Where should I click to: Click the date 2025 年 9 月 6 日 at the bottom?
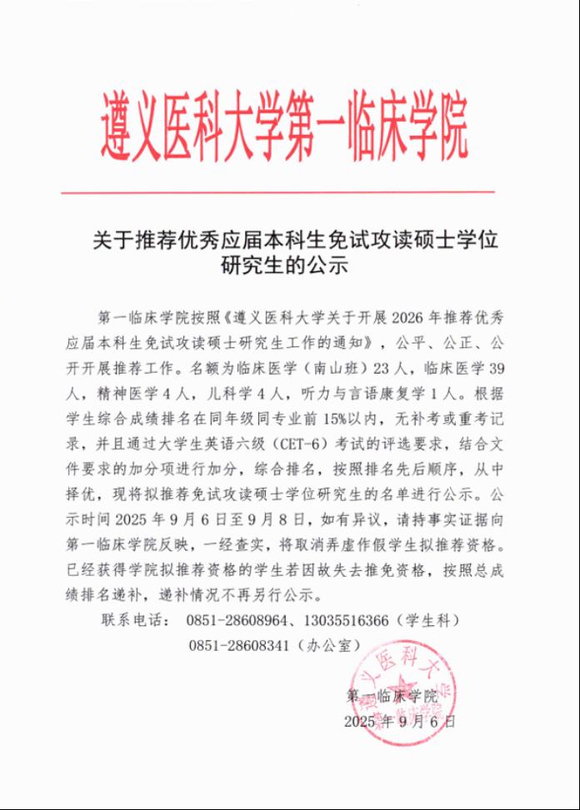tap(399, 721)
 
